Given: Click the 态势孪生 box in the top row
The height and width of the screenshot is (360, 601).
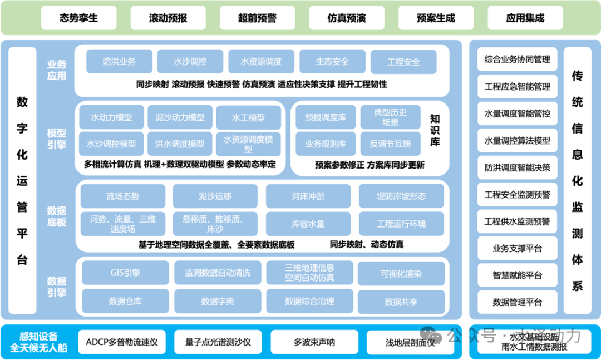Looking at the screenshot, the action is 78,18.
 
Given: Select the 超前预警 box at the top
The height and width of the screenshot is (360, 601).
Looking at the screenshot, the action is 257,18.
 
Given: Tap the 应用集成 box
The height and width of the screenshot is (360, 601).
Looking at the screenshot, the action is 525,18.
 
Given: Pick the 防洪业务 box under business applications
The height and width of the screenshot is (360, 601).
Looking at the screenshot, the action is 119,62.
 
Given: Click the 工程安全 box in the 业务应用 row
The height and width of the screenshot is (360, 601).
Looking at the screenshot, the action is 403,62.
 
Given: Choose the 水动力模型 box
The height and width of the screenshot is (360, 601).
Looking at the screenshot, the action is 111,117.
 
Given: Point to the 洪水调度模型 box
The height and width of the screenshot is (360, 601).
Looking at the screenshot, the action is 180,144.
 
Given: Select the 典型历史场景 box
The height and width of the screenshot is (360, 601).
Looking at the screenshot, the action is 390,117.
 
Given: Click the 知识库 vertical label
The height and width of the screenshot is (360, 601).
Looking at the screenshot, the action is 435,130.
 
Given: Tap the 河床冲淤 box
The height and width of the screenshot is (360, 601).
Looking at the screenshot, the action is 308,196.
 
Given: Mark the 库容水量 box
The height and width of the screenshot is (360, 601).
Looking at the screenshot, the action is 308,224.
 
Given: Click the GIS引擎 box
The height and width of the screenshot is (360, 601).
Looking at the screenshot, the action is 125,273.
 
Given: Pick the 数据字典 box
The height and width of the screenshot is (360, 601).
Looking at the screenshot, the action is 218,301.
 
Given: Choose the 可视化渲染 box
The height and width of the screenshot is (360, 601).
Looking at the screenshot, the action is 401,273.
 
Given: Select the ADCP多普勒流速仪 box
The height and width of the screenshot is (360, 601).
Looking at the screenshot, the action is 122,342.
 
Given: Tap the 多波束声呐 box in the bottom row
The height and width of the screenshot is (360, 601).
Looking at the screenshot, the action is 314,342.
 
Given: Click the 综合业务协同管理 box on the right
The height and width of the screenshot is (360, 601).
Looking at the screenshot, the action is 517,60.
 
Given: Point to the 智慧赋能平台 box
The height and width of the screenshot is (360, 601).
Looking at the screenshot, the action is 517,275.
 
